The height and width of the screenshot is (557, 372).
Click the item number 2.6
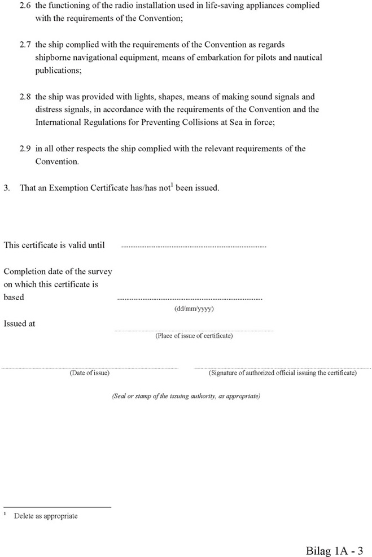[25, 6]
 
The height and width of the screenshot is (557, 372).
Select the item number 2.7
[25, 44]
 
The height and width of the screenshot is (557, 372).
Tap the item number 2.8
[25, 97]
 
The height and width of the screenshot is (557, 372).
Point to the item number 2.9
[25, 149]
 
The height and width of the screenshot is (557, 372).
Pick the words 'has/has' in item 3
[143, 188]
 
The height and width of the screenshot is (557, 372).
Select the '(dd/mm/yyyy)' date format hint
[194, 309]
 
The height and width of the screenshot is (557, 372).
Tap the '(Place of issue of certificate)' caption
[194, 336]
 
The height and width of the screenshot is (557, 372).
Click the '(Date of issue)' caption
[89, 373]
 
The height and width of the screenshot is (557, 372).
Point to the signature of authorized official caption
[282, 373]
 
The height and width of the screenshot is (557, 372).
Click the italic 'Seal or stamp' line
[186, 396]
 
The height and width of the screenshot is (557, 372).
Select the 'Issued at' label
[20, 324]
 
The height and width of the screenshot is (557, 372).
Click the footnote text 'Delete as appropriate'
[46, 516]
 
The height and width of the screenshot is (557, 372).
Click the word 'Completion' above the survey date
[23, 271]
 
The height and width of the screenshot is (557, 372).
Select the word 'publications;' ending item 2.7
[58, 71]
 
